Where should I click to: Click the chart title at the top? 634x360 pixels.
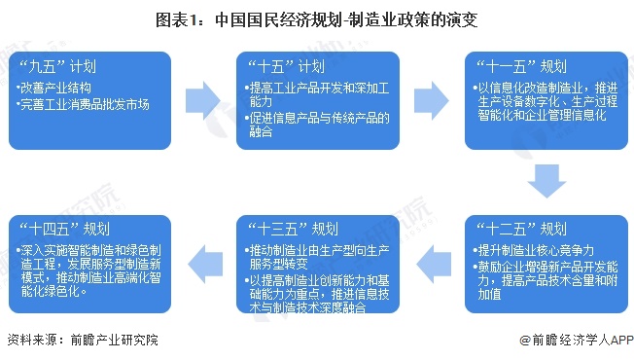[x=316, y=18]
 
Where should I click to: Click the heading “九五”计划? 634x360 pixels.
[x=57, y=68]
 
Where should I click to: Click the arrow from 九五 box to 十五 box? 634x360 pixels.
[x=205, y=99]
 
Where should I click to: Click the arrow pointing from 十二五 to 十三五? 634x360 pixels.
[x=430, y=260]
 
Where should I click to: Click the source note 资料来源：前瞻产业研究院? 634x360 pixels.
[x=82, y=341]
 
